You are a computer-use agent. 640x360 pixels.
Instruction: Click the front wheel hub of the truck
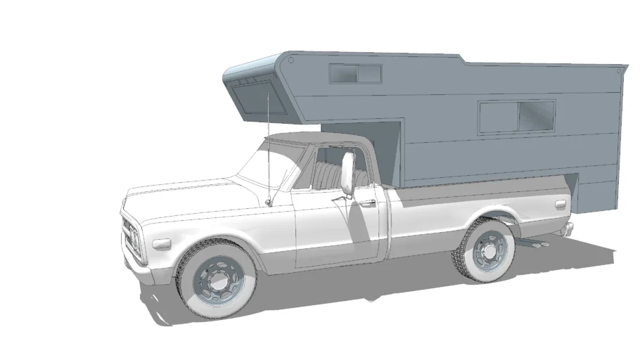click(x=217, y=281)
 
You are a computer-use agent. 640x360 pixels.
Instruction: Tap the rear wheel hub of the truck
click(x=487, y=249)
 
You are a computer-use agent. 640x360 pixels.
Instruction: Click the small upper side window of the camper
click(x=355, y=73)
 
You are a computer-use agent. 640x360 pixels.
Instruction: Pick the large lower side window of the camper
click(x=517, y=116)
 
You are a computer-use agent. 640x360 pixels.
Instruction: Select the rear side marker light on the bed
click(x=561, y=205)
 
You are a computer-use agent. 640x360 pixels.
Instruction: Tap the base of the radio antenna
click(x=269, y=202)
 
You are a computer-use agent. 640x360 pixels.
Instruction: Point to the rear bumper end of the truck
click(x=567, y=228)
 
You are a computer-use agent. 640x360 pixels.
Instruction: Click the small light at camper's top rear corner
click(x=618, y=70)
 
